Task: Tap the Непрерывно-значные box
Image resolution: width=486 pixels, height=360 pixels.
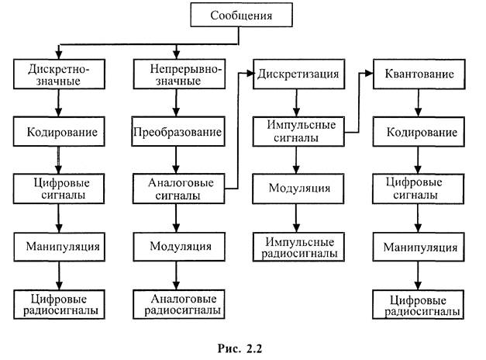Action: point(179,74)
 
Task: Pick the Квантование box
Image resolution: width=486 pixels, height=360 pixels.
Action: point(419,74)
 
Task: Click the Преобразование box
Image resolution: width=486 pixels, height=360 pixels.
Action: point(179,132)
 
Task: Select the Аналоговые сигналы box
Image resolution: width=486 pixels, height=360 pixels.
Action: point(179,189)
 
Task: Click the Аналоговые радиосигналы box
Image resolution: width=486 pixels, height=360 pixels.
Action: point(179,303)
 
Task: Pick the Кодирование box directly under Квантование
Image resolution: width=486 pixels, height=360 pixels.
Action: point(419,132)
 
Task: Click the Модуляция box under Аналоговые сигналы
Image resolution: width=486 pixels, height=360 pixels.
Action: point(179,247)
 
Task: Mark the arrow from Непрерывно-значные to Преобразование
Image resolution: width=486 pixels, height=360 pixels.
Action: point(179,103)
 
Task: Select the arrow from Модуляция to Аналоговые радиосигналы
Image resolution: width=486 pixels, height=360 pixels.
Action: point(179,275)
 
